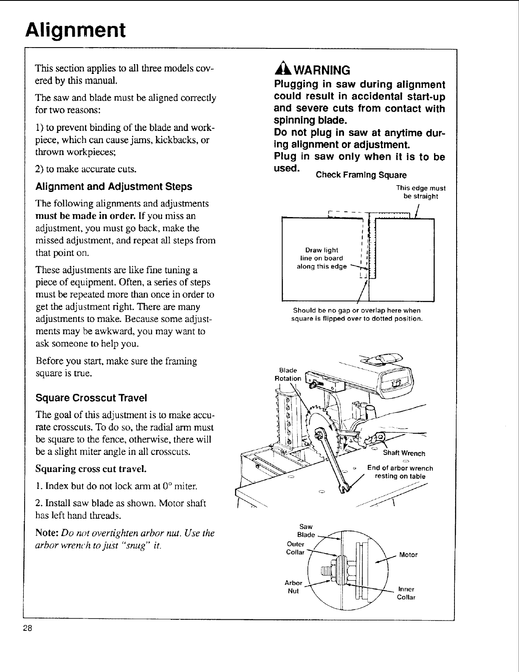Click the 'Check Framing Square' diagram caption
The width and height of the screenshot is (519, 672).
pos(361,175)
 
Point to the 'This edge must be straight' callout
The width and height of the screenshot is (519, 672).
pos(420,192)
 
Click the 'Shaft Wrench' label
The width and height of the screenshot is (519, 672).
pos(404,453)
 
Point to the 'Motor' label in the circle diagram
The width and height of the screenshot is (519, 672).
pos(409,555)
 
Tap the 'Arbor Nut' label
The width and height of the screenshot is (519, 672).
pos(293,587)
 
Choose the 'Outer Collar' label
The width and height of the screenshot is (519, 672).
pos(296,548)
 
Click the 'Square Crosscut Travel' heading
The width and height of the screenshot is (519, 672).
pos(91,398)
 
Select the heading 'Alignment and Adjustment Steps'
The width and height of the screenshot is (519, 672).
pos(114,186)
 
